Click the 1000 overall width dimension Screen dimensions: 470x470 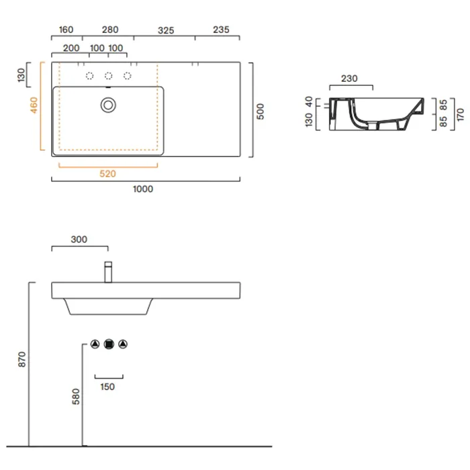click(x=143, y=189)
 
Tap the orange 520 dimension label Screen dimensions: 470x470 click(x=107, y=174)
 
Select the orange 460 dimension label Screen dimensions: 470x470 click(x=34, y=105)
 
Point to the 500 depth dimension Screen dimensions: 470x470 click(x=261, y=111)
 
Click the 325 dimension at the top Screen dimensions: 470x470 click(x=166, y=30)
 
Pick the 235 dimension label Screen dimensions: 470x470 click(x=221, y=30)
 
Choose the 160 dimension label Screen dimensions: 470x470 click(x=66, y=30)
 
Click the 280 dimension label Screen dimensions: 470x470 click(x=110, y=30)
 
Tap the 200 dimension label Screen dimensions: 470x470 click(x=71, y=48)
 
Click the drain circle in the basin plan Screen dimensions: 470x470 click(x=108, y=105)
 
